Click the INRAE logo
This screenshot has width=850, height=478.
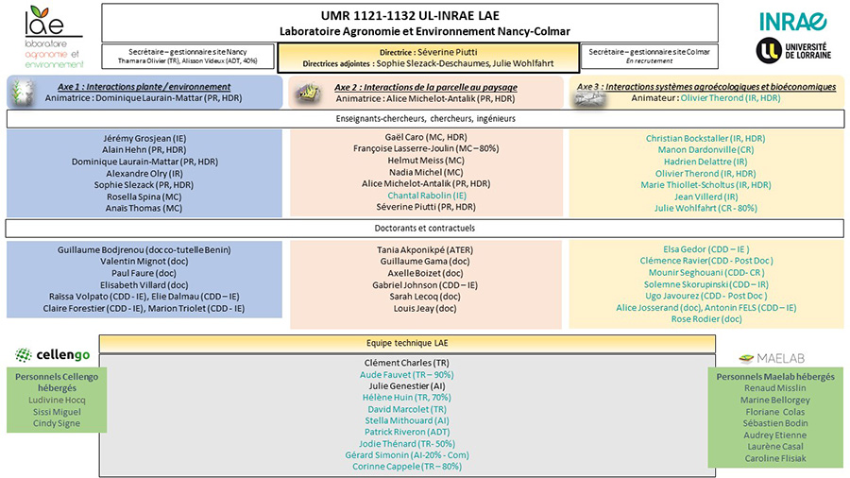(x=791, y=21)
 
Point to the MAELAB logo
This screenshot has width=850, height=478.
(x=773, y=358)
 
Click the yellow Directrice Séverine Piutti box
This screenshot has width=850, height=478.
(x=427, y=57)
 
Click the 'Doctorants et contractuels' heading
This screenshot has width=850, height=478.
(x=424, y=229)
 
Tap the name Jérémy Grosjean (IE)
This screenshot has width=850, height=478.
(x=144, y=139)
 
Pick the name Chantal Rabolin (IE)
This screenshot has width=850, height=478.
(x=427, y=196)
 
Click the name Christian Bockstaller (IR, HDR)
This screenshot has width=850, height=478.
(x=705, y=139)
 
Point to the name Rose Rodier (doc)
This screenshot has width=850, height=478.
(x=705, y=319)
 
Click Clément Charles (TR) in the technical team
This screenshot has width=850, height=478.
(x=407, y=363)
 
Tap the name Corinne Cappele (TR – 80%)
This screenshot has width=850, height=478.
(x=407, y=466)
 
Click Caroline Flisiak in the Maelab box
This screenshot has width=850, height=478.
(x=775, y=458)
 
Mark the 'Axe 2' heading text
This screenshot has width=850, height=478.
(x=426, y=86)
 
